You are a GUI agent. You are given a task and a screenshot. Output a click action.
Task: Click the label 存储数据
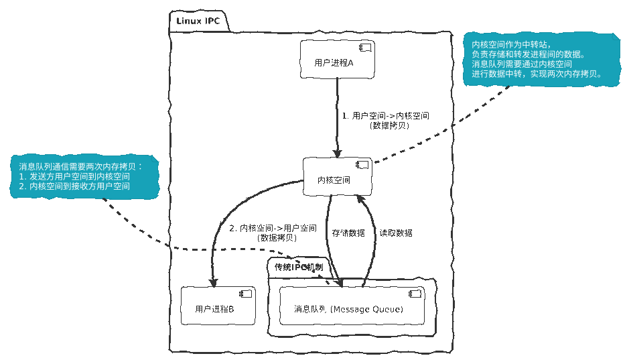[x=348, y=233]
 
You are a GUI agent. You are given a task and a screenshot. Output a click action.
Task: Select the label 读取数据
[x=396, y=233]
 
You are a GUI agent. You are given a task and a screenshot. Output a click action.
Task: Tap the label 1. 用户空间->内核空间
[x=386, y=115]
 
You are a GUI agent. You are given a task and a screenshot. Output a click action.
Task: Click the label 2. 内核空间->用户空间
[x=273, y=229]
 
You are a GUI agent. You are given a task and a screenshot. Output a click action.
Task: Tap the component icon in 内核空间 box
[x=362, y=165]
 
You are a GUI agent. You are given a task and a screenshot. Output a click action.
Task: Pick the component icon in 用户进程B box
[x=245, y=293]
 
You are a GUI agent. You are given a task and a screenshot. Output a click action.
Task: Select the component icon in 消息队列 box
[x=415, y=293]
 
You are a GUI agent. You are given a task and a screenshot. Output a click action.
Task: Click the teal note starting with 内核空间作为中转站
[x=537, y=59]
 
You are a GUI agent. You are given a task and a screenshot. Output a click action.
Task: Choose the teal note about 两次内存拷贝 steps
[x=84, y=176]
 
